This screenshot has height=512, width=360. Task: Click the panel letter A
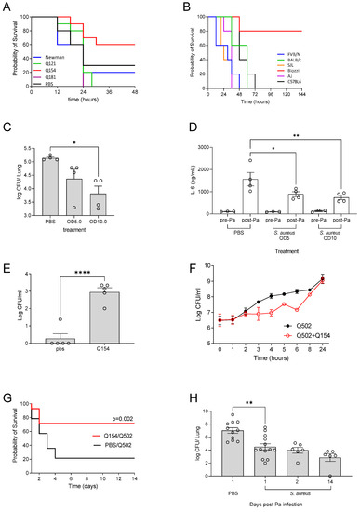pyautogui.click(x=7, y=7)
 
